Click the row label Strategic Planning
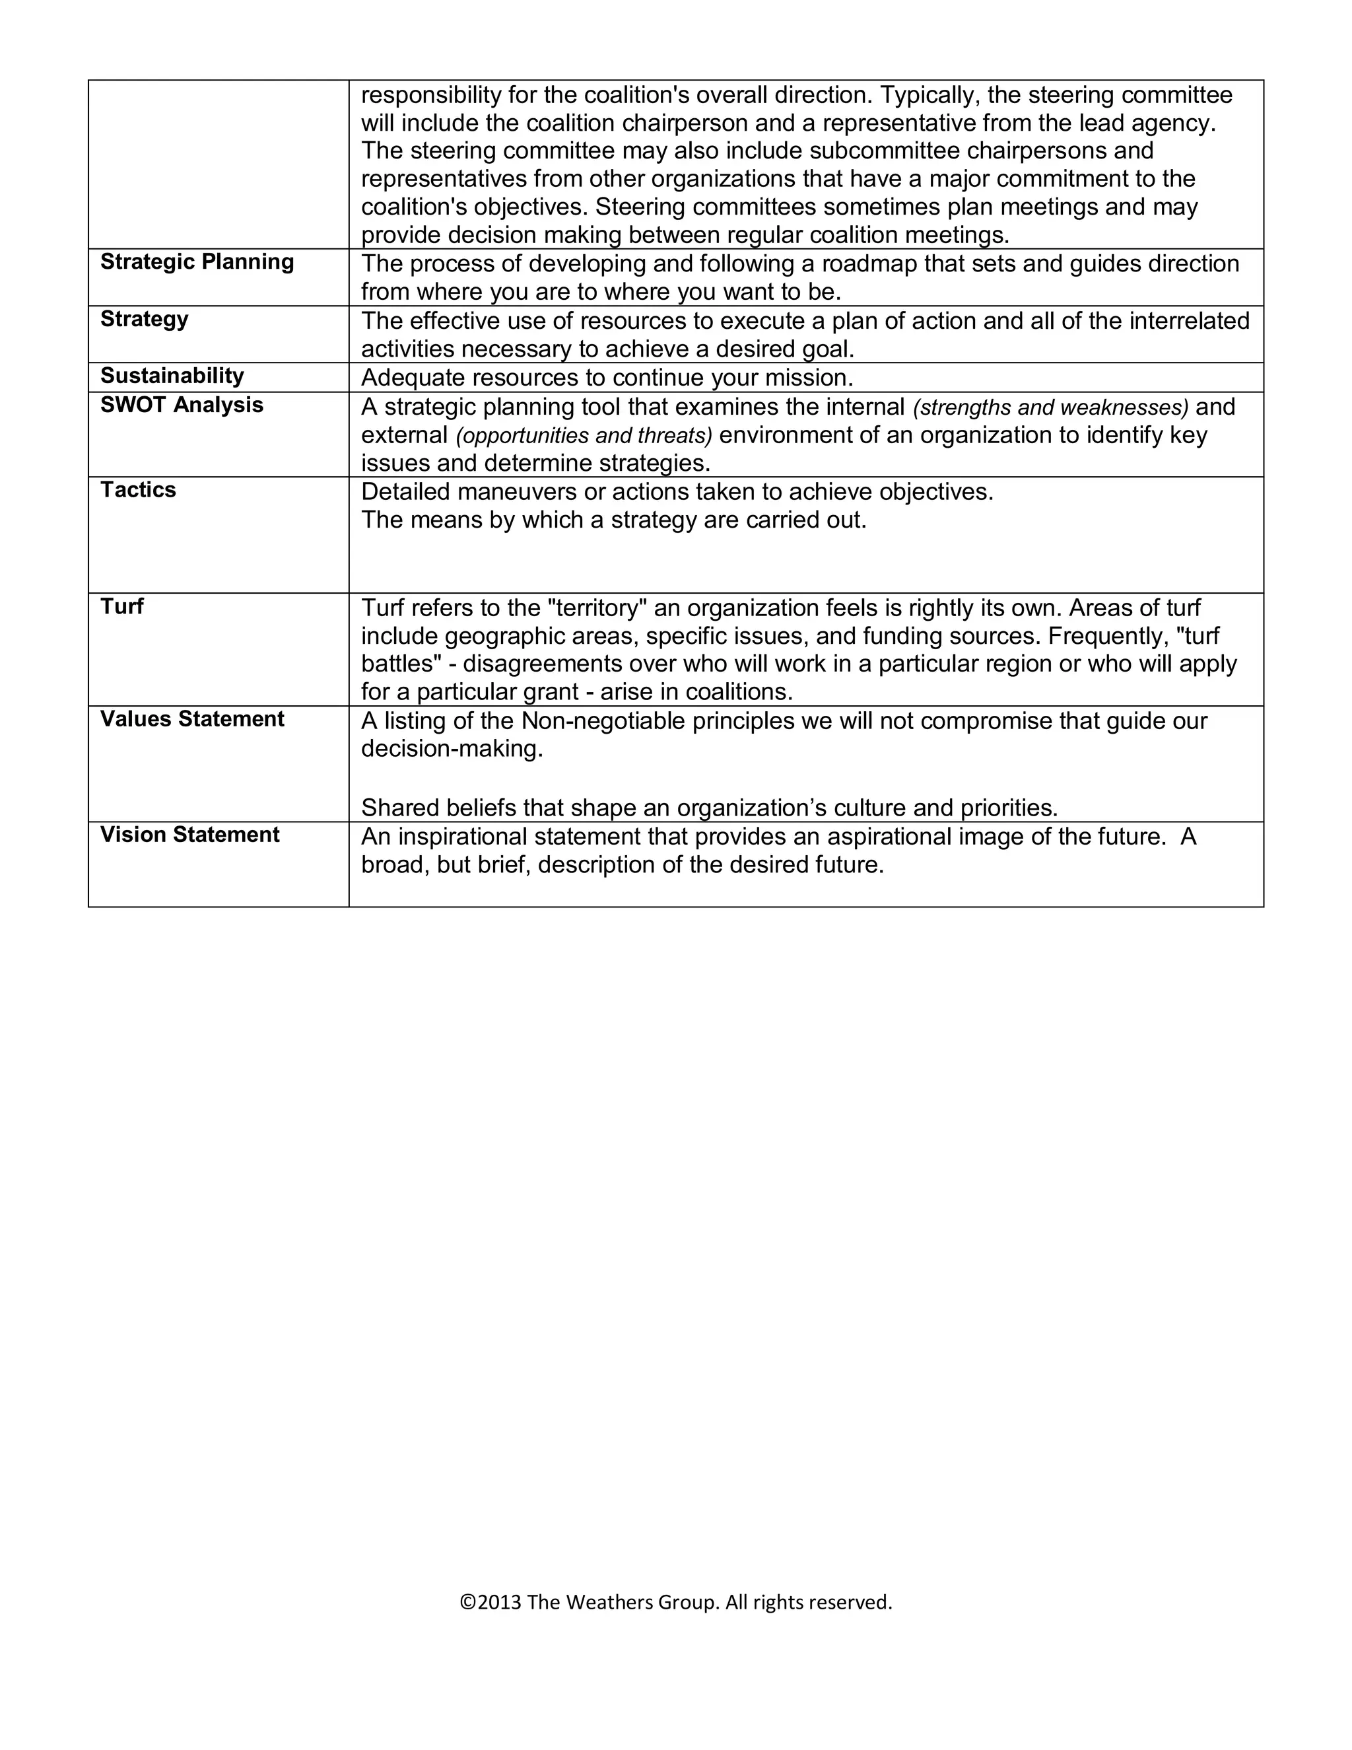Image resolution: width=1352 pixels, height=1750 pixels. tap(197, 262)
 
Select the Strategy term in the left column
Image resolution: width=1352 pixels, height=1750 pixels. tap(144, 319)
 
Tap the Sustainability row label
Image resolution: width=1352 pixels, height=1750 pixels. tap(172, 376)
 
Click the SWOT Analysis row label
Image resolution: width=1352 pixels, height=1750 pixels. tap(181, 405)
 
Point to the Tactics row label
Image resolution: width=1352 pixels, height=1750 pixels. tap(138, 489)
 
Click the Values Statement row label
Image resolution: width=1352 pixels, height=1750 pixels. tap(191, 718)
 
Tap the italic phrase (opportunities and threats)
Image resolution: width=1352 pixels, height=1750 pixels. tap(584, 436)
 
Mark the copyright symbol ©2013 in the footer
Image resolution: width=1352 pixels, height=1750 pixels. tap(490, 1602)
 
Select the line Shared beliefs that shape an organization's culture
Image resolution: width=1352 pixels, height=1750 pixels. tap(709, 808)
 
